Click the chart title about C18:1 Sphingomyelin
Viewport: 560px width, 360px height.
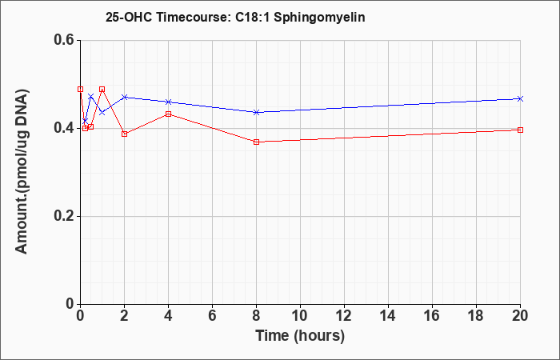click(235, 17)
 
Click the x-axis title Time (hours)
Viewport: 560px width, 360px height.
click(300, 336)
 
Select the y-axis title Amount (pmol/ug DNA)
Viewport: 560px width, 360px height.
click(22, 171)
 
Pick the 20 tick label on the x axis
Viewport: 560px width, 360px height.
click(520, 316)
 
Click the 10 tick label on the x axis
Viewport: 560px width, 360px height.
click(300, 316)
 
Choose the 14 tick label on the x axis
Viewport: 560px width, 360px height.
click(388, 316)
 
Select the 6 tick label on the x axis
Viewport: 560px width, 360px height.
click(212, 316)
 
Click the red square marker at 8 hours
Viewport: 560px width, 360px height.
click(257, 142)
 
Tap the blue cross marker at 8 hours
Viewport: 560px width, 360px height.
click(257, 112)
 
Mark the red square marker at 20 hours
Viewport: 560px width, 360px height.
click(520, 130)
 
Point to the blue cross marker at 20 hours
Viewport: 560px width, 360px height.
click(520, 98)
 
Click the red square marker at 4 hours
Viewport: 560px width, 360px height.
click(169, 114)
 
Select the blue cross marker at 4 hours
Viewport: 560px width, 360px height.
click(169, 102)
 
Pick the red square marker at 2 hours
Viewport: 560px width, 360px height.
click(125, 134)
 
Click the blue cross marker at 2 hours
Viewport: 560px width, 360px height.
click(125, 97)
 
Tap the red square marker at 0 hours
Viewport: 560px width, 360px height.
click(81, 89)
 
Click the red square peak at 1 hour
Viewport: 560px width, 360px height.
click(102, 89)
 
